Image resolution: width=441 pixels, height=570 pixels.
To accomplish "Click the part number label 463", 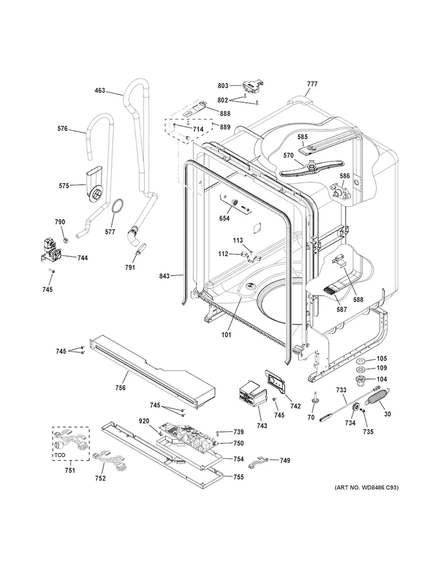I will (99, 91).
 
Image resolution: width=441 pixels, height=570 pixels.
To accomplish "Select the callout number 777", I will (312, 85).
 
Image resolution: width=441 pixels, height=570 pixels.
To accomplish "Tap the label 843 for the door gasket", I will (165, 276).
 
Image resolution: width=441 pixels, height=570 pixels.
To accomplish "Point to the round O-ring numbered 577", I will (117, 207).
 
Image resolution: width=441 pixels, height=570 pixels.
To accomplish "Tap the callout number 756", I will (121, 388).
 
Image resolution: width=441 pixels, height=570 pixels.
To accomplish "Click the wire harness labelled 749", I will (259, 463).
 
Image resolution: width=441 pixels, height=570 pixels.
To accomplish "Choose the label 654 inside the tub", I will (225, 219).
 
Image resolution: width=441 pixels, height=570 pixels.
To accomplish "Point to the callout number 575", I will (64, 186).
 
